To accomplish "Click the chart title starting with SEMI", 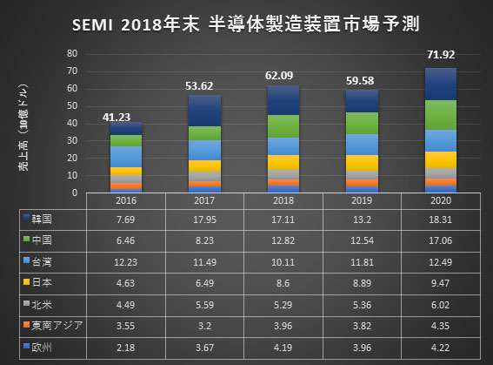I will tap(246, 22).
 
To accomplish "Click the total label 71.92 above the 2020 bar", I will tap(439, 55).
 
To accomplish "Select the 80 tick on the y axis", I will tap(74, 54).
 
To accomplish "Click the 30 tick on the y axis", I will tap(74, 141).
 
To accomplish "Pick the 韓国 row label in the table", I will tap(43, 220).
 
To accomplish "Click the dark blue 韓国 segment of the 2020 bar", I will tap(439, 84).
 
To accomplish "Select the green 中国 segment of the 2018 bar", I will tap(283, 125).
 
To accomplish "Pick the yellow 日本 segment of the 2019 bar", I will tap(361, 162).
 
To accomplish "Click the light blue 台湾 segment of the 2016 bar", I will tap(125, 156).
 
